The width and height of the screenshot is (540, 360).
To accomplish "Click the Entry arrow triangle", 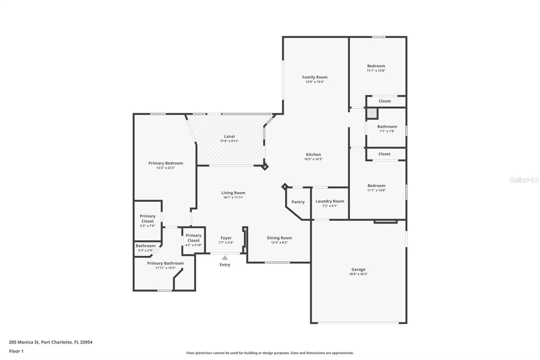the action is (225, 258).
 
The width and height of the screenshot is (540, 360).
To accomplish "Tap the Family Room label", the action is (315, 77).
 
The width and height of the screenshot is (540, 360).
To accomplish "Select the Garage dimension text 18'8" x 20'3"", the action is (358, 274).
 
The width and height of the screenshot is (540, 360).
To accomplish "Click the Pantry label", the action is (298, 202).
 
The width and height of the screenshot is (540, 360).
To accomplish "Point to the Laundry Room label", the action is (330, 201).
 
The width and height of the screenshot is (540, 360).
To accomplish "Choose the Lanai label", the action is (229, 136).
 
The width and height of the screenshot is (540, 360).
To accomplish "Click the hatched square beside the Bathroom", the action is (372, 113).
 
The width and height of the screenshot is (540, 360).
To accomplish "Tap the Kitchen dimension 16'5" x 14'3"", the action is (313, 159).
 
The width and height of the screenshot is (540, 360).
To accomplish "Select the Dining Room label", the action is (279, 238).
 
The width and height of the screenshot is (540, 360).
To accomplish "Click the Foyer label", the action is (226, 238).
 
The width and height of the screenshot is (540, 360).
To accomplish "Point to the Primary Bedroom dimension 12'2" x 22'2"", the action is (166, 168).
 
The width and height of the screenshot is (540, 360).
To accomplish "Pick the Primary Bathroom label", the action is (165, 263).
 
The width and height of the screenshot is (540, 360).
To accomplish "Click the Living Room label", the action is (233, 193).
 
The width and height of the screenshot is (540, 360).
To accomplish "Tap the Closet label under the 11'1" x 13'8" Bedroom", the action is (384, 101).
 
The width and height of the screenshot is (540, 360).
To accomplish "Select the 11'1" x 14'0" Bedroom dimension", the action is (376, 190).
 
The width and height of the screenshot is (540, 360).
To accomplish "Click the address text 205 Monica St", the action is (24, 342).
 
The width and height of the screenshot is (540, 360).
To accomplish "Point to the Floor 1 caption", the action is (16, 351).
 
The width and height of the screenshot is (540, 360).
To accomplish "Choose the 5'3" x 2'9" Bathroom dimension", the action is (145, 250).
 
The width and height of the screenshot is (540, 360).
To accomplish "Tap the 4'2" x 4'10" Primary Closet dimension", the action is (193, 245).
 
